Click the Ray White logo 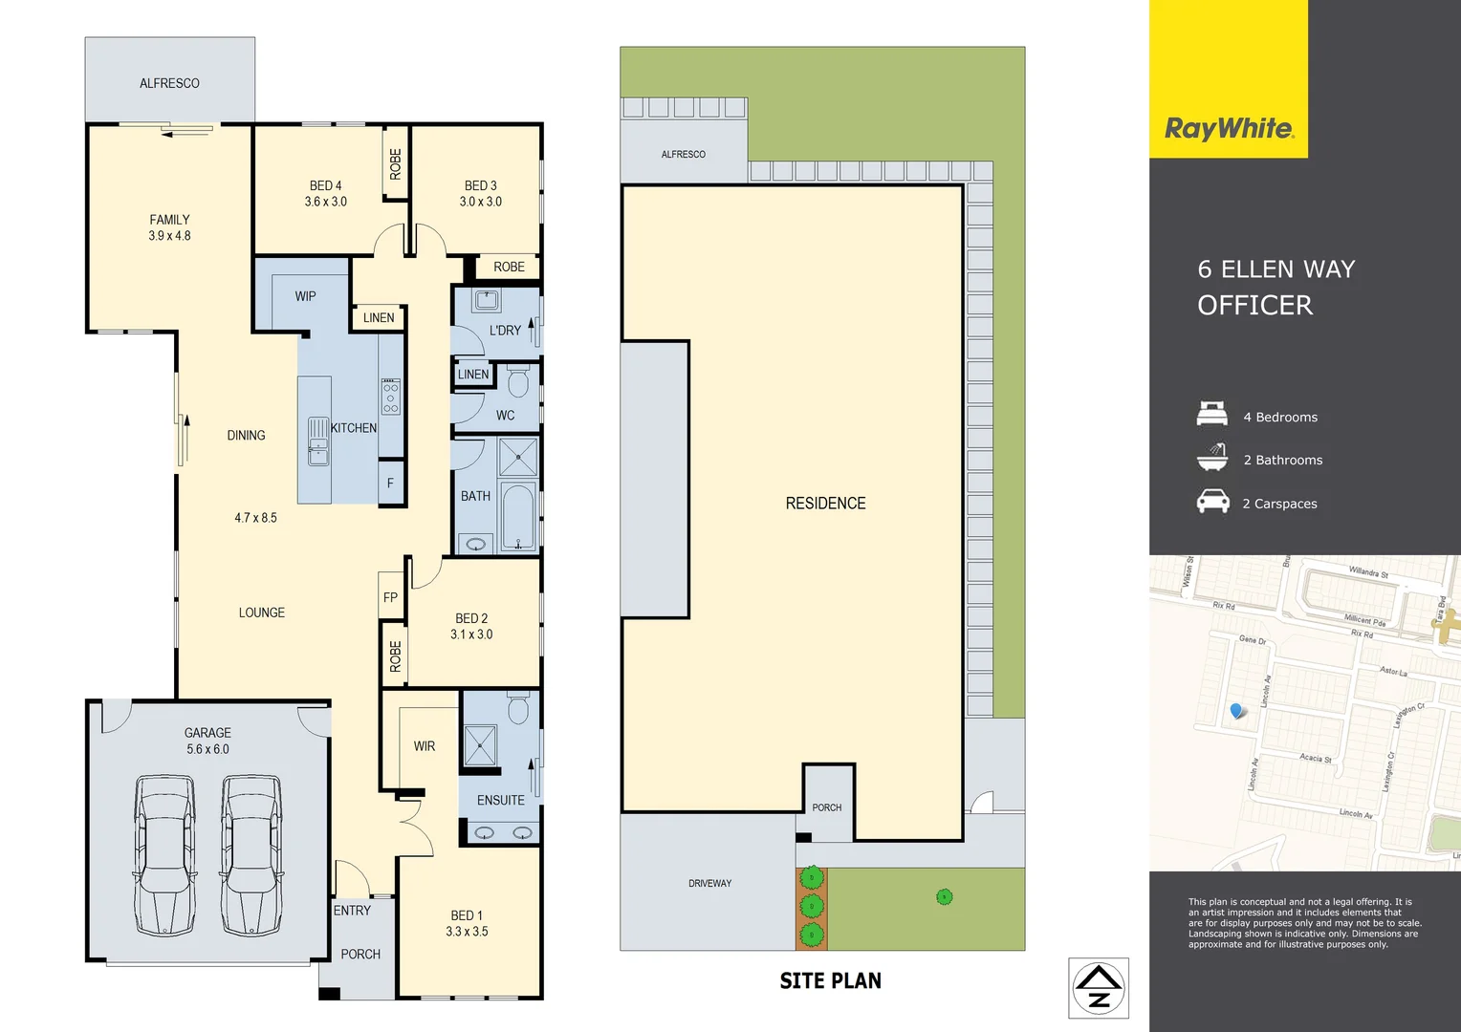[1229, 128]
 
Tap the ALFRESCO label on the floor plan [169, 83]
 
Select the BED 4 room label [325, 185]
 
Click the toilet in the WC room [518, 382]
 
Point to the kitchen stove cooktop [391, 397]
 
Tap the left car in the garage [165, 854]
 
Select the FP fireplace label [390, 597]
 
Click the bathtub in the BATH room [518, 517]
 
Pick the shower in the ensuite [480, 746]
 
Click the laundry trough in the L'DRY [487, 300]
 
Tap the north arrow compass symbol [1099, 988]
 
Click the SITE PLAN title [830, 980]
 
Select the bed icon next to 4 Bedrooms [1212, 415]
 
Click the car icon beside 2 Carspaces [1212, 502]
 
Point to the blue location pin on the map [1237, 711]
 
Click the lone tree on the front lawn [944, 896]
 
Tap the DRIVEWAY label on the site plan [709, 883]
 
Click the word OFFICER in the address [1254, 305]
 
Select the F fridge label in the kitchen [390, 484]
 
